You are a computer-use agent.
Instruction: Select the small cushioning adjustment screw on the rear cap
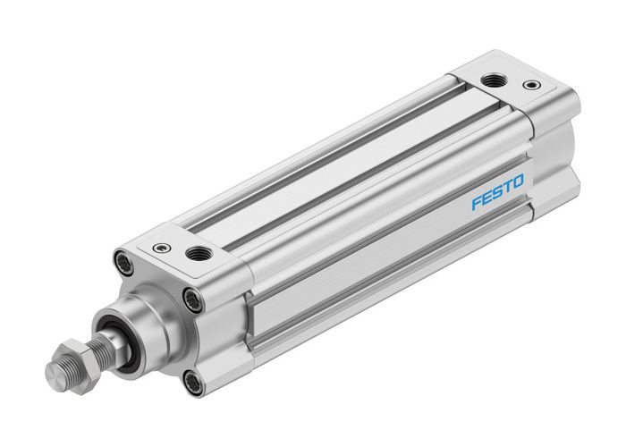(x=533, y=87)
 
